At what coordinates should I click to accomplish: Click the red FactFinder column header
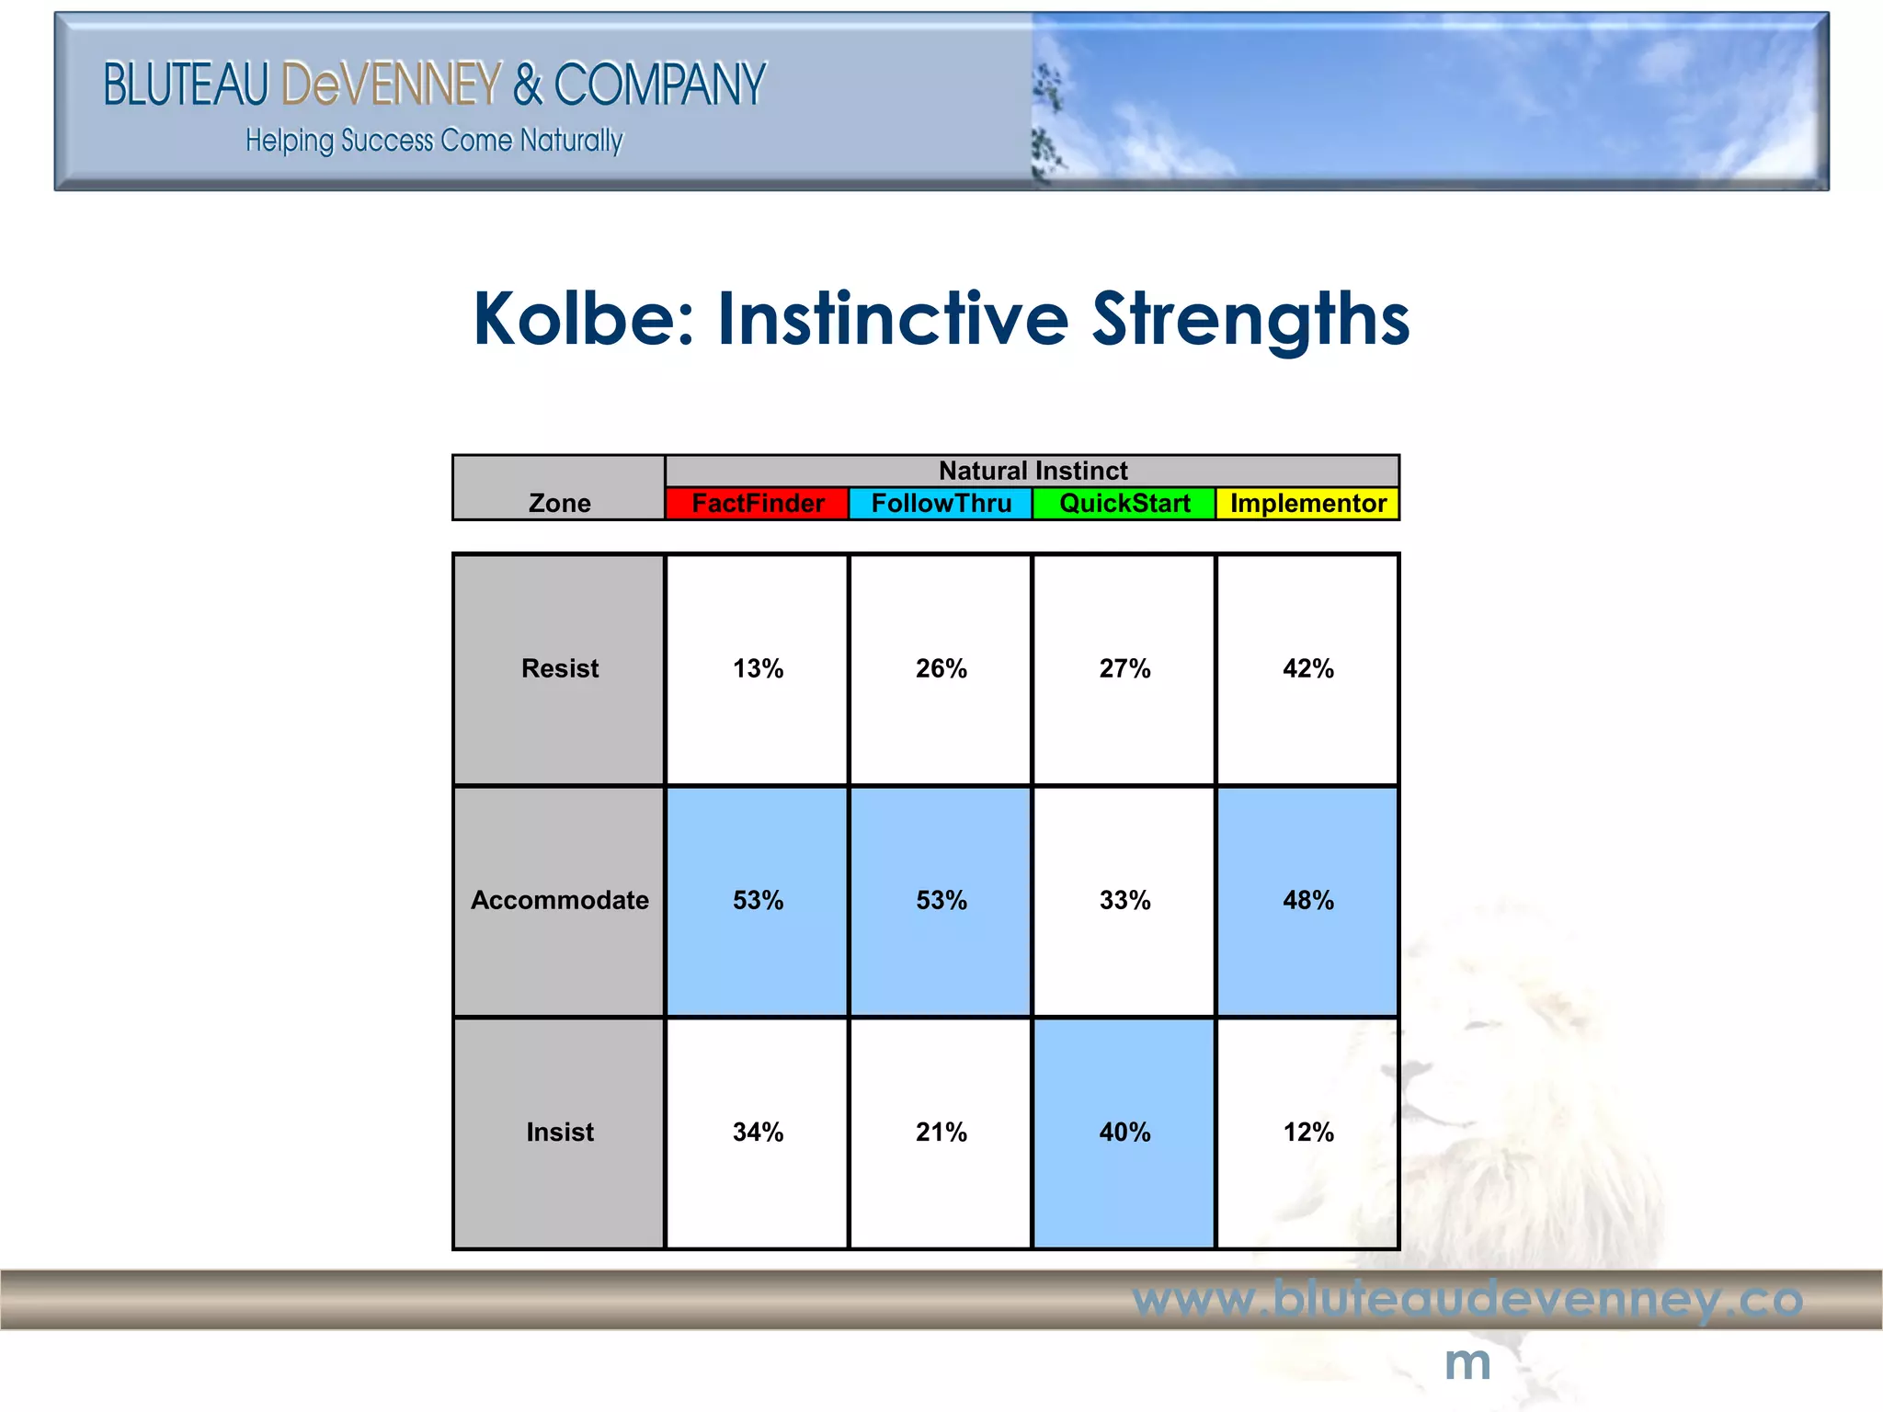[757, 504]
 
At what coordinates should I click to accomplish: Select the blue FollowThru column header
[941, 504]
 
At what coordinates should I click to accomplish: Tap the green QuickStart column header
[1124, 504]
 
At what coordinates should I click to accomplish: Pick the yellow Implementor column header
[1307, 504]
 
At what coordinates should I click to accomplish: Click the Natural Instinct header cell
[1032, 471]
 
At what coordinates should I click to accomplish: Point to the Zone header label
[559, 503]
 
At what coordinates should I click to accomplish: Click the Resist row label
[559, 668]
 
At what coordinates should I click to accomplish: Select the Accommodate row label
[559, 900]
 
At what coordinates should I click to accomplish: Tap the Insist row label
[559, 1132]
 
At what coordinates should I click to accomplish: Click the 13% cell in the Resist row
[758, 668]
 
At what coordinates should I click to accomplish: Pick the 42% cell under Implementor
[1307, 668]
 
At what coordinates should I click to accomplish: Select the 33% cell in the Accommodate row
[1124, 900]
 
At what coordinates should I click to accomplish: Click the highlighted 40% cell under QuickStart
[1124, 1132]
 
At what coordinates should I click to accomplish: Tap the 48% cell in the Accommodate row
[1307, 900]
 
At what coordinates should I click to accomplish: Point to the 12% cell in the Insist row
[1307, 1132]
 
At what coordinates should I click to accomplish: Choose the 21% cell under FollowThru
[941, 1132]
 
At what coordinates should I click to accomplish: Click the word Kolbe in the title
[583, 318]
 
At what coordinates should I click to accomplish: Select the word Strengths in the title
[1250, 318]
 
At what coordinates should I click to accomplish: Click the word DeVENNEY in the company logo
[392, 85]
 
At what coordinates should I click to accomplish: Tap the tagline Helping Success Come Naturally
[434, 141]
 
